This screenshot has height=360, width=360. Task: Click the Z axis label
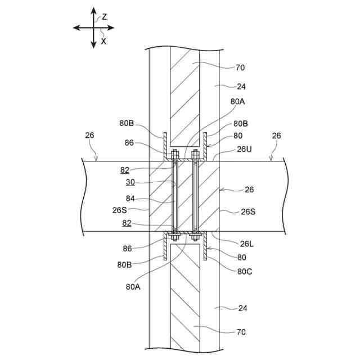pyautogui.click(x=104, y=17)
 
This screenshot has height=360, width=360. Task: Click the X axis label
pyautogui.click(x=103, y=41)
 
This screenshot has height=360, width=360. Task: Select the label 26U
pyautogui.click(x=245, y=149)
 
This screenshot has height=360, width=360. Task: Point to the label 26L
pyautogui.click(x=246, y=244)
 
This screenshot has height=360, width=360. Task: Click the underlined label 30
pyautogui.click(x=130, y=182)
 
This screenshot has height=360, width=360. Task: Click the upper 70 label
pyautogui.click(x=240, y=67)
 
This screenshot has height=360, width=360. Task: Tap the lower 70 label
pyautogui.click(x=240, y=332)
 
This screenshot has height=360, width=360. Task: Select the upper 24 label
pyautogui.click(x=241, y=87)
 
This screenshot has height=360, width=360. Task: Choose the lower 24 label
pyautogui.click(x=242, y=308)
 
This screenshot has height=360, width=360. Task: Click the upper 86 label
pyautogui.click(x=129, y=143)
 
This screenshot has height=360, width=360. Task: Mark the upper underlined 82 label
pyautogui.click(x=125, y=169)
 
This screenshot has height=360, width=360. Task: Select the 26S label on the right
pyautogui.click(x=248, y=211)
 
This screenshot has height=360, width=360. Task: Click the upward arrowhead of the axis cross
pyautogui.click(x=93, y=10)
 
